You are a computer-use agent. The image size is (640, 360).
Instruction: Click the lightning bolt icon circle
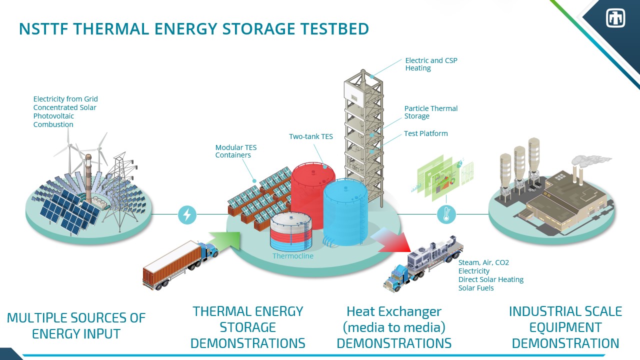coord(187,214)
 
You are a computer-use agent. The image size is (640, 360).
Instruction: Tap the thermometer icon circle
coord(446,214)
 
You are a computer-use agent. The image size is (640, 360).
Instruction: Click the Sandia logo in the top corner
coord(615,18)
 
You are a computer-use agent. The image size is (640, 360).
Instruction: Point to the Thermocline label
coord(293,256)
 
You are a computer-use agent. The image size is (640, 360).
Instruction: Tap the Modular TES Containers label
coord(236,151)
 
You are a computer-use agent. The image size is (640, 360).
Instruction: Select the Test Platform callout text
coord(426,133)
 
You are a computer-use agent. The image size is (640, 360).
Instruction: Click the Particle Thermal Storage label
coord(430,112)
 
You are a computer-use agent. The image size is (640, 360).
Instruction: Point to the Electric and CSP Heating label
coord(431,64)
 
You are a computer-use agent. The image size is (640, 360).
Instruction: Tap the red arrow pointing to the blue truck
coord(392,241)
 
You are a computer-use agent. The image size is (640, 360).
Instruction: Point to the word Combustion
coord(53,124)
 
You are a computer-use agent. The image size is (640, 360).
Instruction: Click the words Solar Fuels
coord(476,288)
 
